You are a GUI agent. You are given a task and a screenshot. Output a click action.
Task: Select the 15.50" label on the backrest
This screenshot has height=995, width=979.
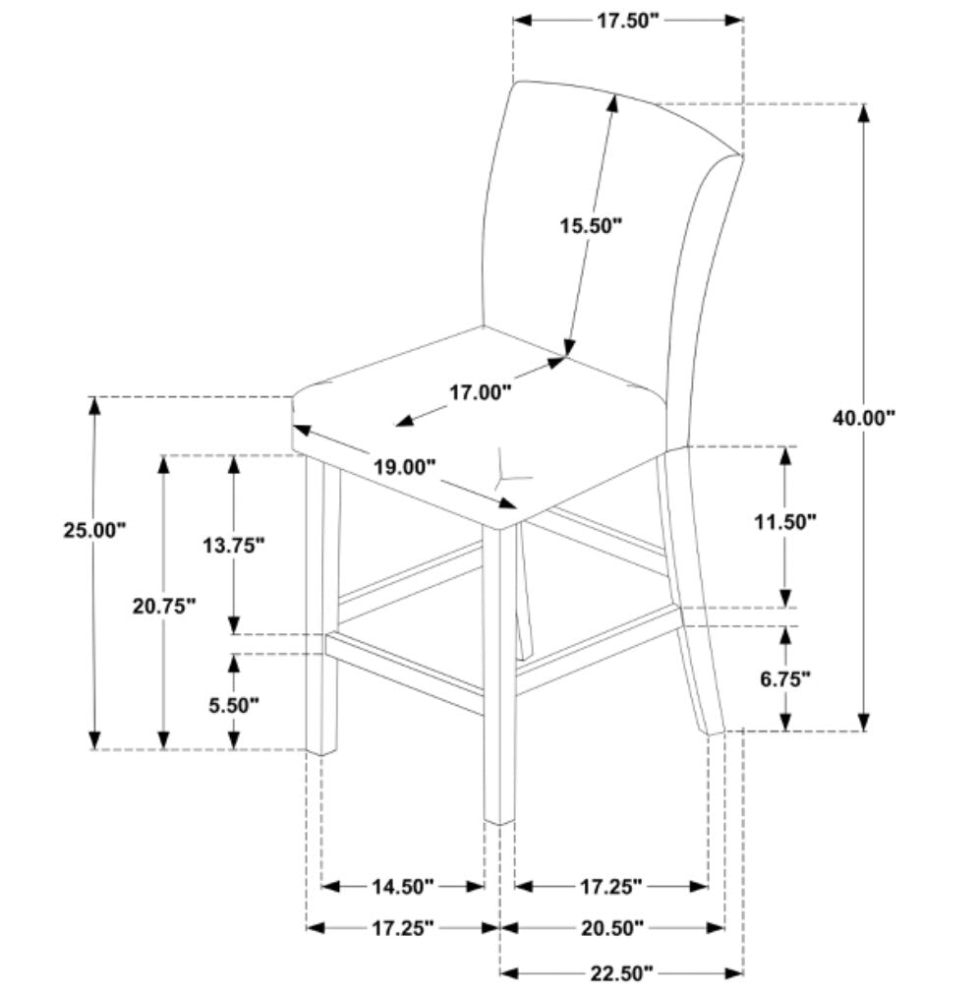pos(592,227)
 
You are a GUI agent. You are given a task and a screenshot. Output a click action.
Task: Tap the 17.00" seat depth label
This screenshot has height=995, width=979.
pos(481,393)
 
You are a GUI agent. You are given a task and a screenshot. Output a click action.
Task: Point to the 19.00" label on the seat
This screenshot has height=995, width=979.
pos(404,468)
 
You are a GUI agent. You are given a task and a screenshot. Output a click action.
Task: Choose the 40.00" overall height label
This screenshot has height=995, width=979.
pos(865,417)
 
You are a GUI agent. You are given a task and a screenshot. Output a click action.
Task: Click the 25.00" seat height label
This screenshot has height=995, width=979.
pos(95,530)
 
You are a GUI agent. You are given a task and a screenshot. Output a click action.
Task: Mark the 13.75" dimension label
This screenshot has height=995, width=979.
pos(234,545)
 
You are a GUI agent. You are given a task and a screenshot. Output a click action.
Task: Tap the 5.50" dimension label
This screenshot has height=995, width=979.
pos(234,704)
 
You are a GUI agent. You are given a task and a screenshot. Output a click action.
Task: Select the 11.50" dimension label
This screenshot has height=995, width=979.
pos(786,522)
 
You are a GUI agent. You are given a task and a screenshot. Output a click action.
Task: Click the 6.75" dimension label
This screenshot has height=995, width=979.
pos(784,677)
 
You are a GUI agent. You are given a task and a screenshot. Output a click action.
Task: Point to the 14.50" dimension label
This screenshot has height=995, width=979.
pos(403,887)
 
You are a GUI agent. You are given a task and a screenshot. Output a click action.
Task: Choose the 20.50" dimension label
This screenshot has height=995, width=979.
pos(611,927)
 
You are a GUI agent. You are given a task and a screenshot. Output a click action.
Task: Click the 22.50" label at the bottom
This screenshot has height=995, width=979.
pos(621,973)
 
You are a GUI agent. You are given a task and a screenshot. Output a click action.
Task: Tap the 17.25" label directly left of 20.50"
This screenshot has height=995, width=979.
pos(402,927)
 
